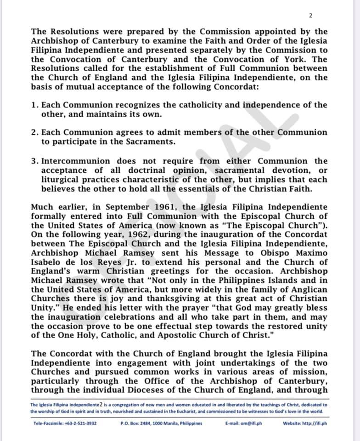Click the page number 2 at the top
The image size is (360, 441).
310,16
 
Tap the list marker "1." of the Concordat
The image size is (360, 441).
35,105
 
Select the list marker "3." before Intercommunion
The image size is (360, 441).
35,161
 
